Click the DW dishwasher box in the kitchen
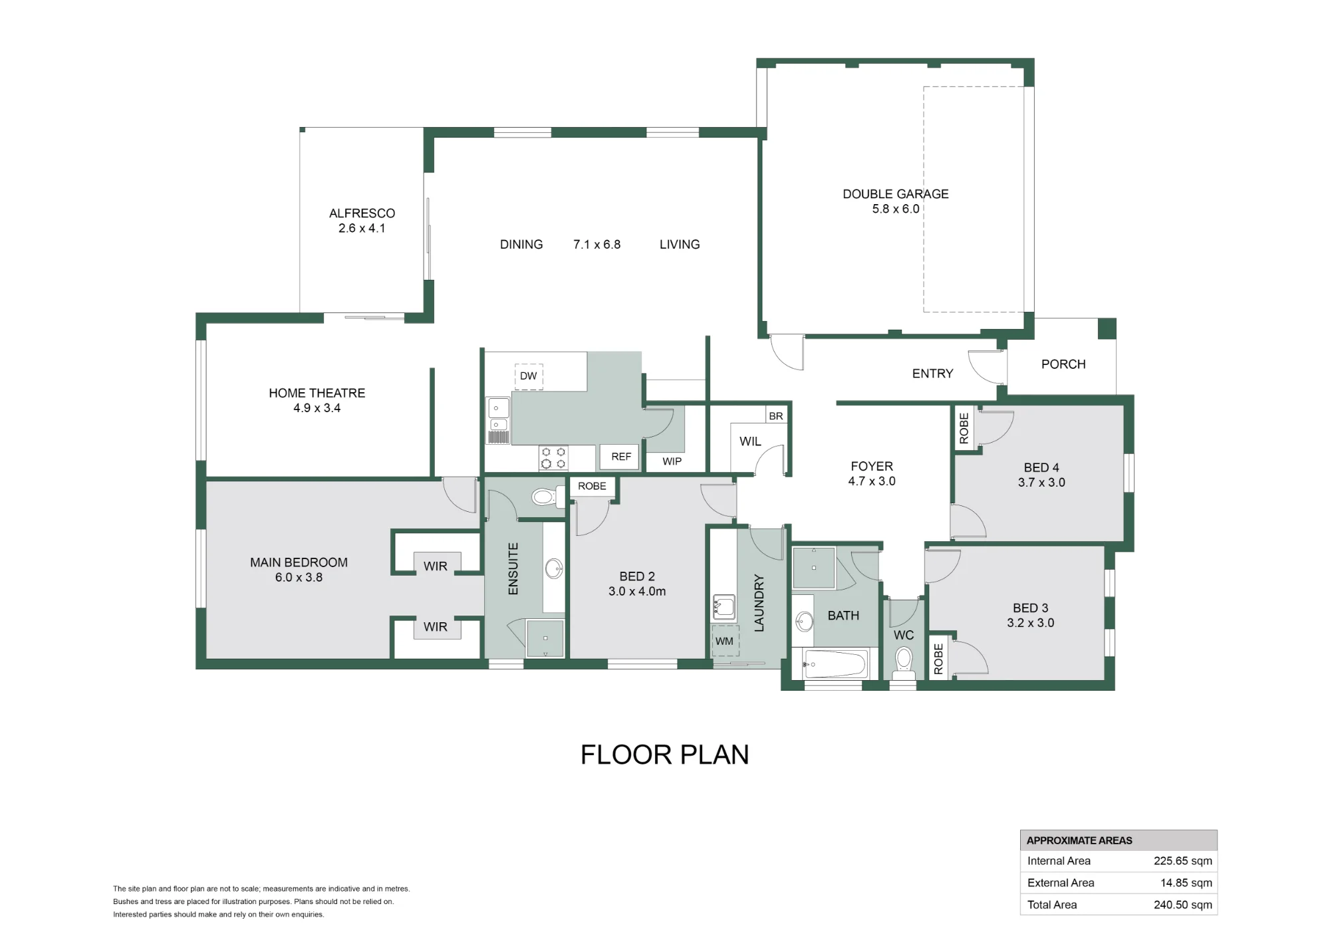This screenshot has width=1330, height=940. tap(529, 376)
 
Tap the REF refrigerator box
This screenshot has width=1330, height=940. tap(620, 457)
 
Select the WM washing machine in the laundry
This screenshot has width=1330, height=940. tap(725, 641)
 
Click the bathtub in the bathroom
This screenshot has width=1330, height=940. tap(835, 663)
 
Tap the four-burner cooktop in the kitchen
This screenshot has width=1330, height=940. tap(553, 457)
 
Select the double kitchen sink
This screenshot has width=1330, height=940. tap(498, 419)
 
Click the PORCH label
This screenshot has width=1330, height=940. tap(1063, 364)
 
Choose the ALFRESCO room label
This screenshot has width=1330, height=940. tap(362, 213)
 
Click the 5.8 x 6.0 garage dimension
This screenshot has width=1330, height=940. tap(896, 209)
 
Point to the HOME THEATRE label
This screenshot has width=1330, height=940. tap(317, 393)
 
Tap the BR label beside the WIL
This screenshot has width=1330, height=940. tap(776, 416)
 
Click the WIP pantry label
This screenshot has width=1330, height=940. tap(672, 461)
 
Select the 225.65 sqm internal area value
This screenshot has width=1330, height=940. tap(1182, 861)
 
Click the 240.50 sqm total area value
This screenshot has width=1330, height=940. tap(1182, 905)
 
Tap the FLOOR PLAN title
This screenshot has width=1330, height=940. tap(665, 755)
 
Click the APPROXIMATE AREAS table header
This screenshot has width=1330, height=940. tap(1079, 840)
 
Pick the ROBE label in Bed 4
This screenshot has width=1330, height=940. tap(964, 429)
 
